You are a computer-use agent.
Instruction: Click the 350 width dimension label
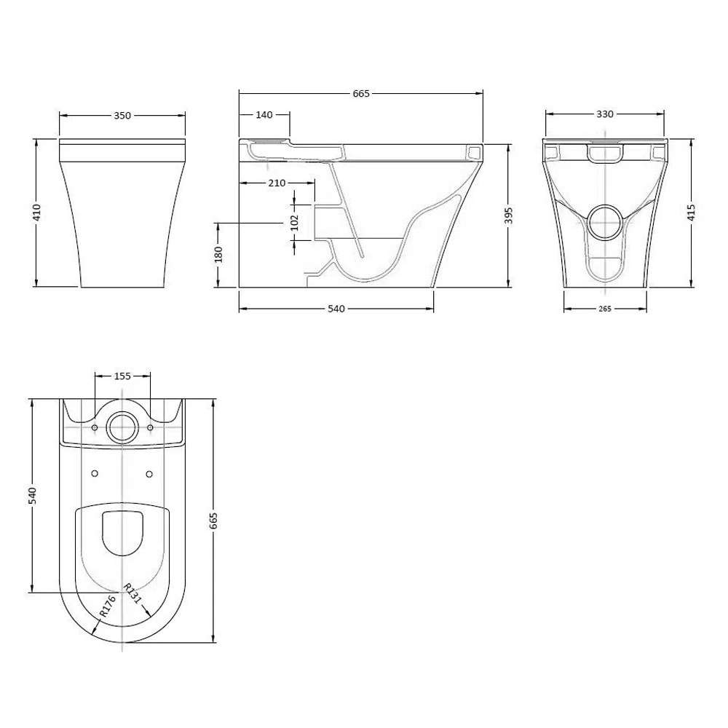click(x=122, y=116)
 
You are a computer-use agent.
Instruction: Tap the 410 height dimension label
click(x=36, y=212)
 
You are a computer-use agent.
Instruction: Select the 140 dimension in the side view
click(x=264, y=115)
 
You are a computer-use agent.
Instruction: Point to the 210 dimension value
click(x=277, y=183)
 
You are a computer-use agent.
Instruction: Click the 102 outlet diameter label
click(x=294, y=222)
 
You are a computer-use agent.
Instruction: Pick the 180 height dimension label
click(x=218, y=254)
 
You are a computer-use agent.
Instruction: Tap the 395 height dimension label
click(x=509, y=215)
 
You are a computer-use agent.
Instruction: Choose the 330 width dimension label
click(x=604, y=114)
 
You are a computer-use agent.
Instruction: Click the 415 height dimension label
click(x=692, y=213)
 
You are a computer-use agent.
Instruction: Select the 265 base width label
click(x=604, y=309)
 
